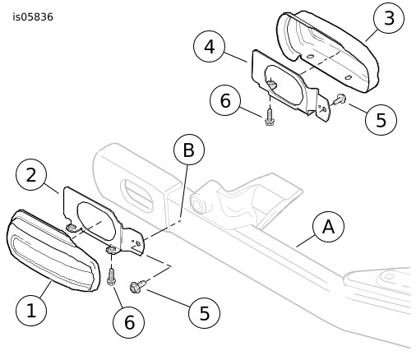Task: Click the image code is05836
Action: (33, 17)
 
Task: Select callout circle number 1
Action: (31, 311)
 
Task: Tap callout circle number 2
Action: (31, 174)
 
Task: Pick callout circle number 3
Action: (389, 18)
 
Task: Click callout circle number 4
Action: (210, 47)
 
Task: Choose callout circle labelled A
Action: (328, 227)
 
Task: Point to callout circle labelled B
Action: (189, 150)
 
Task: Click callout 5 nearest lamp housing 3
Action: (381, 119)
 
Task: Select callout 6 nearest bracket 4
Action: (225, 100)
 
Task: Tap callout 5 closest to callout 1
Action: (205, 312)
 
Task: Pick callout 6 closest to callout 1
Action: (129, 322)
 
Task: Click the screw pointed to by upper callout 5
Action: (339, 99)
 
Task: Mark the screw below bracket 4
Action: (270, 118)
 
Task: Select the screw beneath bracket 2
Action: (111, 277)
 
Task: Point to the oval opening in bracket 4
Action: (284, 85)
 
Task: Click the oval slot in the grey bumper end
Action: (136, 195)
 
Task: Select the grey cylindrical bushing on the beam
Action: (198, 202)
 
